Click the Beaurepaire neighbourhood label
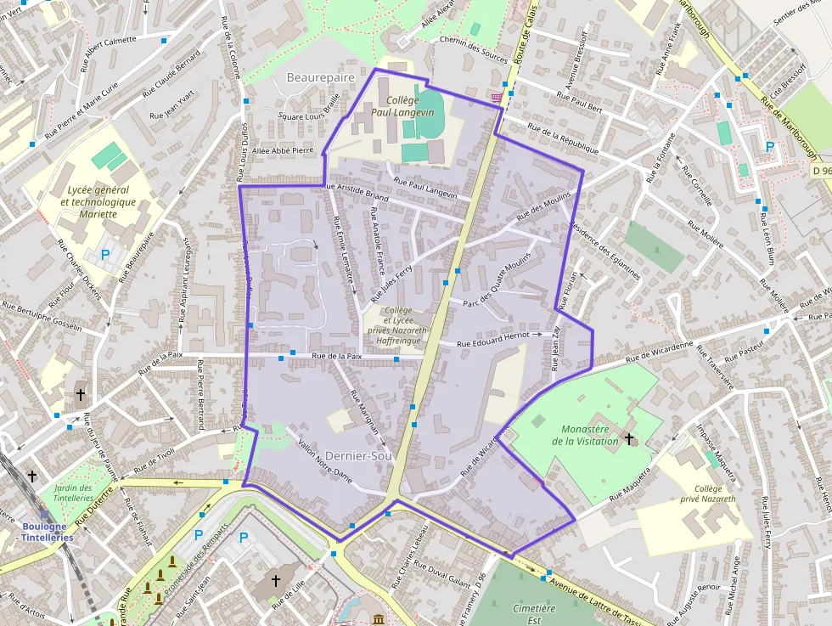[x=320, y=77]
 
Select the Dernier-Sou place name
[x=360, y=455]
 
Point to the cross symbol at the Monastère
[x=629, y=438]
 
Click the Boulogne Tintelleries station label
[x=47, y=531]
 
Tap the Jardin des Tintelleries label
[x=73, y=493]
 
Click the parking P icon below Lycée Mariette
[x=106, y=253]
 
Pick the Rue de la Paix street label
[x=337, y=357]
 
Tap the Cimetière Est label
[x=534, y=614]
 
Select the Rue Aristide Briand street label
[x=356, y=191]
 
